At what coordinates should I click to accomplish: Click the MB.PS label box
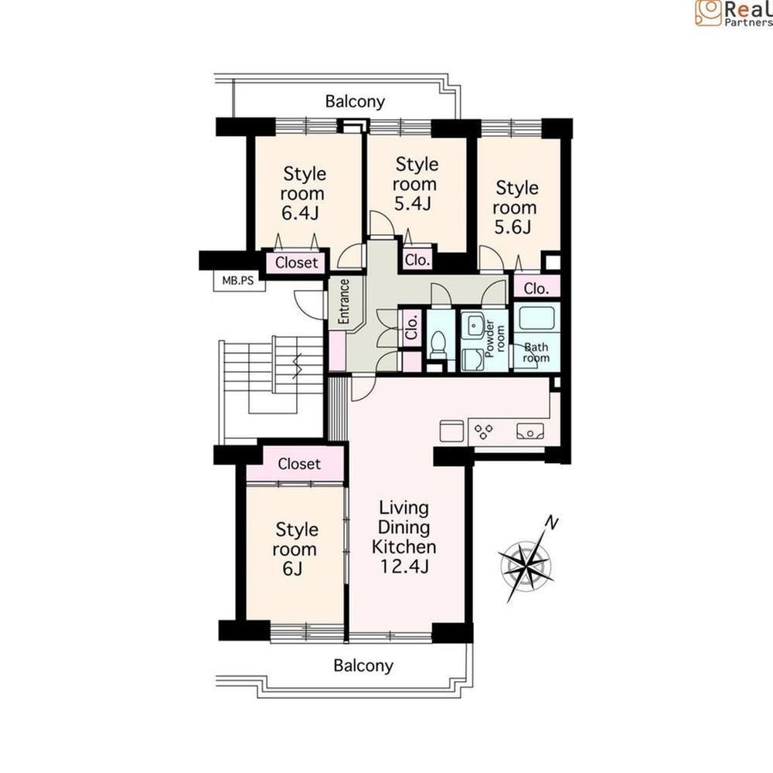(x=239, y=281)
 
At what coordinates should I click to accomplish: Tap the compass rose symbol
(x=526, y=566)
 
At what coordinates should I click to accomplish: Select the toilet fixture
(x=438, y=343)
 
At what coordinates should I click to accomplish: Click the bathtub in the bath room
(x=536, y=318)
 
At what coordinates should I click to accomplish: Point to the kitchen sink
(x=530, y=431)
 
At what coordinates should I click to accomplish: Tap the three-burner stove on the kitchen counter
(x=484, y=431)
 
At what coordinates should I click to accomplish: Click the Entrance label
(x=344, y=301)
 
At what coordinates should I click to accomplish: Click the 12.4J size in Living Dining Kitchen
(x=404, y=567)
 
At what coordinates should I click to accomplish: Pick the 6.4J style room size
(x=301, y=213)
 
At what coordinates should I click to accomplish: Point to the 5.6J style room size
(x=513, y=226)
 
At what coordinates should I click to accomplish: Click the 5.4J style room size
(x=413, y=203)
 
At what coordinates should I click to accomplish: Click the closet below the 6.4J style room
(x=296, y=263)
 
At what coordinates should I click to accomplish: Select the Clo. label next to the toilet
(x=412, y=326)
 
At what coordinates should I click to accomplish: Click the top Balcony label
(x=355, y=101)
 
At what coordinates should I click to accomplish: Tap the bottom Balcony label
(x=363, y=666)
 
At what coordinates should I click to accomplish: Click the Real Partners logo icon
(x=708, y=12)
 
